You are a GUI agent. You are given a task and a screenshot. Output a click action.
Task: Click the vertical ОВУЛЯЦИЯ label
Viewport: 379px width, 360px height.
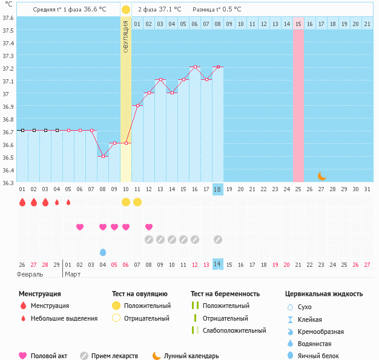click(126, 36)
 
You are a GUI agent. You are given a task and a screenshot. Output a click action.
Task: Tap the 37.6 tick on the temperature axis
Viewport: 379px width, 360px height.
click(7, 18)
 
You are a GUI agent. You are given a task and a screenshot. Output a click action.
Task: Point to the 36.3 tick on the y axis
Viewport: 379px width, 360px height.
click(7, 182)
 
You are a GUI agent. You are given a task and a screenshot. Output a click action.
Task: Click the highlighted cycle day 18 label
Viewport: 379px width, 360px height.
click(218, 189)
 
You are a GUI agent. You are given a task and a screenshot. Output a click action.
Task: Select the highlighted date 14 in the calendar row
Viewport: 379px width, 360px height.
click(218, 264)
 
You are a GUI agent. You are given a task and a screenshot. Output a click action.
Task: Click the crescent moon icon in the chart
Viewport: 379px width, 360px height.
click(322, 176)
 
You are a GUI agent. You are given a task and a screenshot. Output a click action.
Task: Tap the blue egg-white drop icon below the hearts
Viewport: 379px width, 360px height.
click(103, 252)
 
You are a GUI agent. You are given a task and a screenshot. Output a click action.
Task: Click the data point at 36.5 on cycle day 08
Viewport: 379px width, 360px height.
click(103, 156)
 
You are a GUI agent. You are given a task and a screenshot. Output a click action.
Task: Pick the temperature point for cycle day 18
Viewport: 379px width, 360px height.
click(218, 67)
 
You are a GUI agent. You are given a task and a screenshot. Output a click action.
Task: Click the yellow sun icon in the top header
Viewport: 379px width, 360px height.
click(125, 10)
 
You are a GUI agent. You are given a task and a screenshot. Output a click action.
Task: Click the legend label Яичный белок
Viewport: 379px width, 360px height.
click(323, 356)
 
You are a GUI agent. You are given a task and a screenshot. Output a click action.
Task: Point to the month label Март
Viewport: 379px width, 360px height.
click(73, 274)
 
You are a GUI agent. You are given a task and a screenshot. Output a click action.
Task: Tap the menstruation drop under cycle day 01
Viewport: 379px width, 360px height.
click(22, 202)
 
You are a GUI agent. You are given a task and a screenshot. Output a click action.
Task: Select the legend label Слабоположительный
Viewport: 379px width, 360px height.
click(234, 331)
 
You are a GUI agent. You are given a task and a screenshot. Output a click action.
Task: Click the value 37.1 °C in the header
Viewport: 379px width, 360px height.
click(170, 10)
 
